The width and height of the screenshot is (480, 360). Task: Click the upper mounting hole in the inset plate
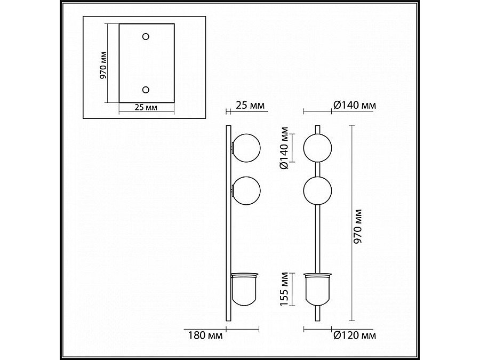pos(146,37)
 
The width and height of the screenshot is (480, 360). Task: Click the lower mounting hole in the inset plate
pos(146,90)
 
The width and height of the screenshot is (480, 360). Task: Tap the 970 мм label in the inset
pos(103,65)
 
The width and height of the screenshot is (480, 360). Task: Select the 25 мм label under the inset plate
pos(146,107)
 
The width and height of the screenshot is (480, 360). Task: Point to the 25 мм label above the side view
pos(250,105)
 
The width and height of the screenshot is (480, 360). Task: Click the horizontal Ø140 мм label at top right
pos(355,105)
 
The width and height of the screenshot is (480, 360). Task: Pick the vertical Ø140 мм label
pos(284,148)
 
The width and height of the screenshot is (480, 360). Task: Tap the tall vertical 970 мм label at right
pos(357,226)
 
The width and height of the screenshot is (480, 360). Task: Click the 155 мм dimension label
pos(284,289)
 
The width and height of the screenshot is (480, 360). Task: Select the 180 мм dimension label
pos(205,335)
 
